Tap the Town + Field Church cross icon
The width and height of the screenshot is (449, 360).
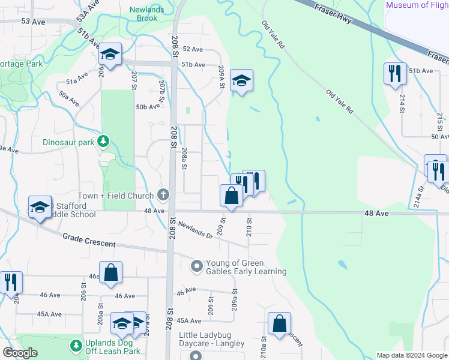coord(163,195)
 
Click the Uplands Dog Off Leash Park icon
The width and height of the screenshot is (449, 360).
coord(76,346)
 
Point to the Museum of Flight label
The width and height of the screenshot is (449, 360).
coord(417,5)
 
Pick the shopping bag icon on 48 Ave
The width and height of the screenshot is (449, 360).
coord(232,196)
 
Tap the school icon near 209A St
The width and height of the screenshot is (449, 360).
coord(241,80)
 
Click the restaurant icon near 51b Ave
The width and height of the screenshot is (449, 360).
coord(395,74)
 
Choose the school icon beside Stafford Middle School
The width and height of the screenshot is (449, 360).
coord(40,206)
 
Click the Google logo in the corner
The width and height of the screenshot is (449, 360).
coord(20,353)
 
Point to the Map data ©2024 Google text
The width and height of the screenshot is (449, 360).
coord(412,355)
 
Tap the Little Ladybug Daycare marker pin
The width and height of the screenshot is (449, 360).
coord(196,355)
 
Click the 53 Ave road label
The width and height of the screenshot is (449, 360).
coord(33,21)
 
